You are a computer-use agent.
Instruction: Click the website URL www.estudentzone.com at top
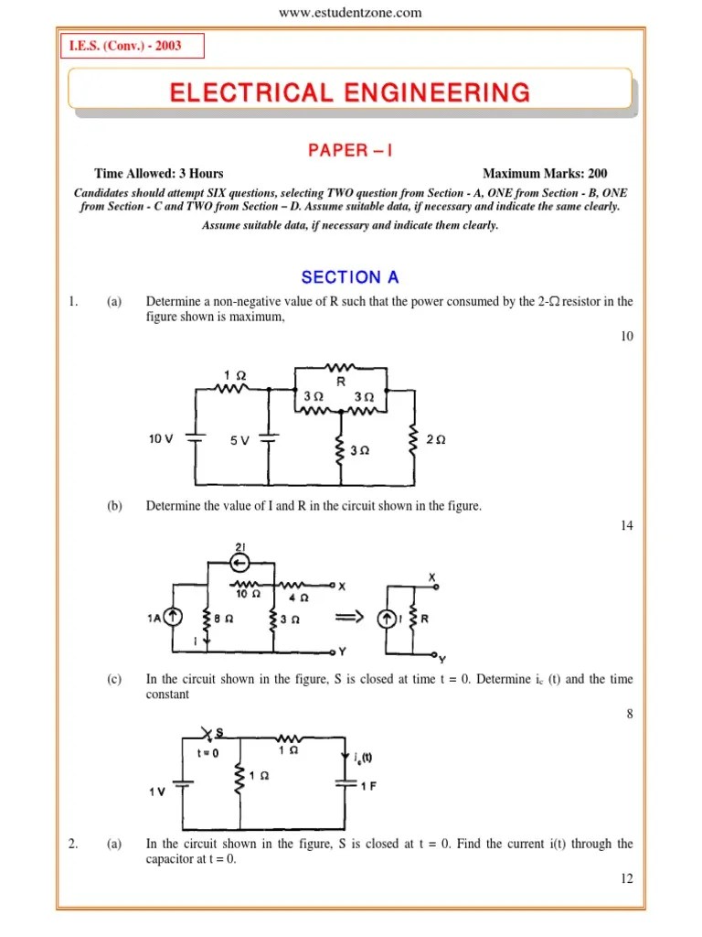350,12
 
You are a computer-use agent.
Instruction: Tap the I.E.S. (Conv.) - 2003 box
132,46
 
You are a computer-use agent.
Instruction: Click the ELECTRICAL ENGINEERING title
350,92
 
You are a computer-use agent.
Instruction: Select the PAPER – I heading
350,150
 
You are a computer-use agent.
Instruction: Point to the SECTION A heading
350,277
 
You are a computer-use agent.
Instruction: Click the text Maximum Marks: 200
545,173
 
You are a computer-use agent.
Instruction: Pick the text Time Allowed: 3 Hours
158,173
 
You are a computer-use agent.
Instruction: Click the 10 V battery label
161,439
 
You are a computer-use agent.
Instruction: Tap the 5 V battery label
239,440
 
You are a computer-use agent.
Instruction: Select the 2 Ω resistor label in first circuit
436,439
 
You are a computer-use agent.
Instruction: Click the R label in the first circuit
340,382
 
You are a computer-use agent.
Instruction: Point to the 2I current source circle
241,561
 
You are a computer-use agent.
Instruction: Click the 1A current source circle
170,619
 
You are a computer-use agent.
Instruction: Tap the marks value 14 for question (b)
626,525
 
